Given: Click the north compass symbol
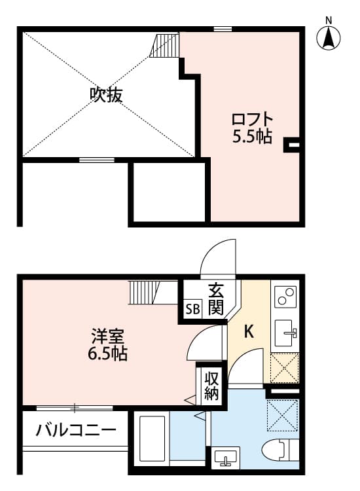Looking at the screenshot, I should point(329,37).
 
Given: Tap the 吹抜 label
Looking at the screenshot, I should point(106,96).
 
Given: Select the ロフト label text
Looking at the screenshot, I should point(252,121).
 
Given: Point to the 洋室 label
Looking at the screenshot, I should point(107,338).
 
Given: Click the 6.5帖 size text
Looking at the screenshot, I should point(107,355).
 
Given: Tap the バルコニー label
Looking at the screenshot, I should point(77,431).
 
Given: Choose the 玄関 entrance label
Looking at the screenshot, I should point(216,298).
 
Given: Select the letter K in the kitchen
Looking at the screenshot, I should point(249,332).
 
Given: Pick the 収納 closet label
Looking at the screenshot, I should point(211,386).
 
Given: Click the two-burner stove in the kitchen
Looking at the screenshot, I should point(285,298).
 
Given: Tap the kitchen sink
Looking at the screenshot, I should point(285,334).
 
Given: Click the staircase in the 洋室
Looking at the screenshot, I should point(145,292).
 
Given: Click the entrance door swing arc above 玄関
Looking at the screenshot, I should point(216,259).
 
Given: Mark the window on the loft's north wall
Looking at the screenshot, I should point(223,29).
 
